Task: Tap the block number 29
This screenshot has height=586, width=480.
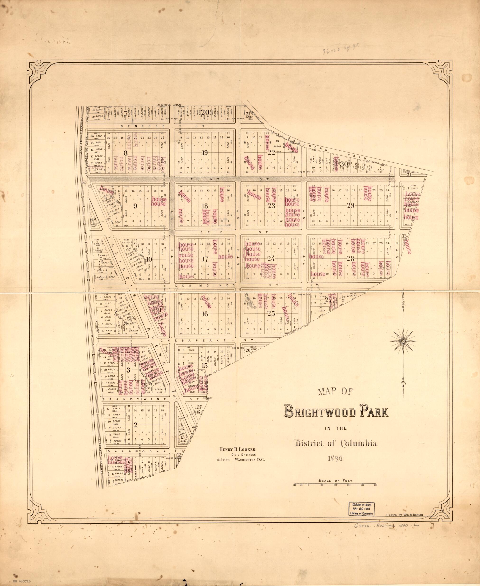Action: tap(351, 205)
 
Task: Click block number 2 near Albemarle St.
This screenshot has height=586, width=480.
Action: tap(135, 425)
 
